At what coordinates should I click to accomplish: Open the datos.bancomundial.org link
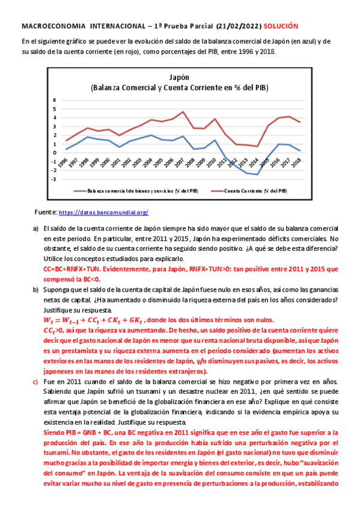tap(103, 212)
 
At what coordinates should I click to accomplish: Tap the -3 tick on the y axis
tap(54, 179)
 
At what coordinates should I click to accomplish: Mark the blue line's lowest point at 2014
tap(257, 174)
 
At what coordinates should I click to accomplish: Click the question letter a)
tap(35, 229)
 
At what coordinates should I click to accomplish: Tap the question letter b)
tap(35, 289)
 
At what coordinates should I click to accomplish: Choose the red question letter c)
tap(35, 382)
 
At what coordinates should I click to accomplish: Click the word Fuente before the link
tap(46, 212)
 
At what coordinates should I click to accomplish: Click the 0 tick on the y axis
tap(55, 153)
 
